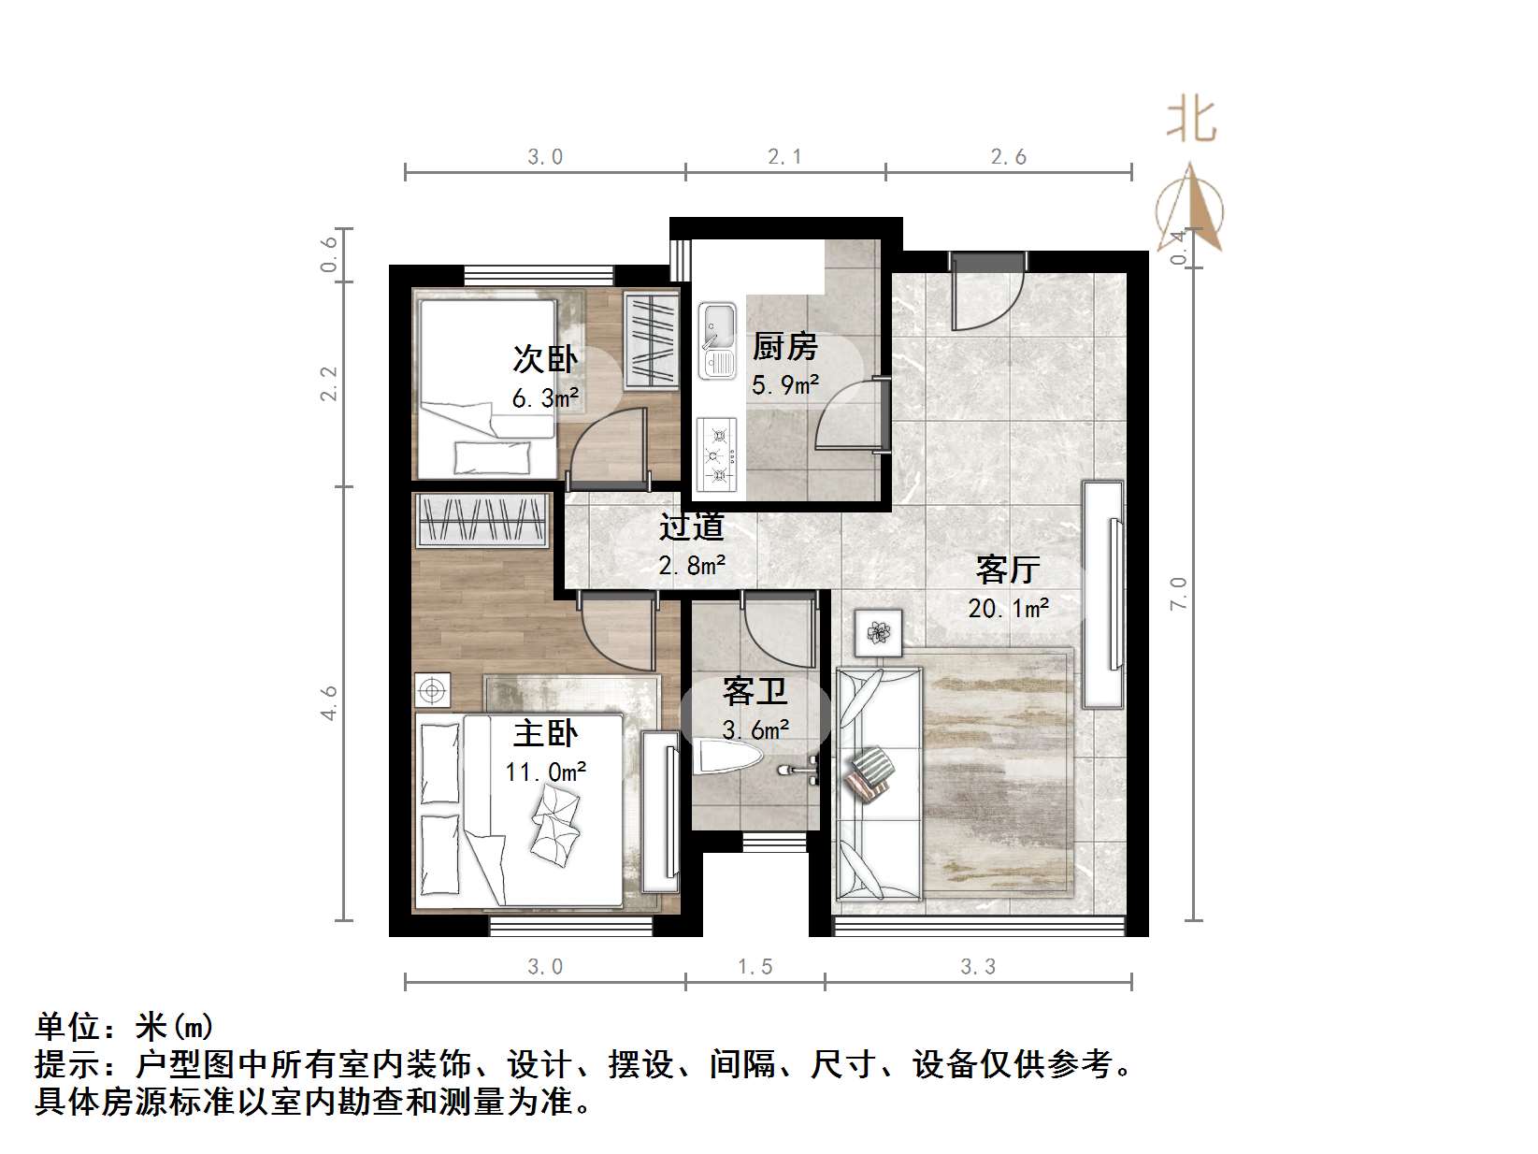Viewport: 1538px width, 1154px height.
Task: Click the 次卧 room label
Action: [x=545, y=359]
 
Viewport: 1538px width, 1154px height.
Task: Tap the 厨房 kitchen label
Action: [x=784, y=347]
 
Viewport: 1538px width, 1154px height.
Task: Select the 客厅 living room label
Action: [x=1008, y=569]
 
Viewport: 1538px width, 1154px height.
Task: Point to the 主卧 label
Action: [x=545, y=733]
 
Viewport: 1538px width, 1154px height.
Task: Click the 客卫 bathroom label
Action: [x=755, y=692]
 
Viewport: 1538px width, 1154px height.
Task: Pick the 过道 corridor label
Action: [x=692, y=527]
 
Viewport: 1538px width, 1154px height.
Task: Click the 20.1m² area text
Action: [x=1008, y=609]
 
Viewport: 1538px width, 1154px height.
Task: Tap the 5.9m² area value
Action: [x=785, y=384]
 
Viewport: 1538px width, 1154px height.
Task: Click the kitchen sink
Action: [x=718, y=339]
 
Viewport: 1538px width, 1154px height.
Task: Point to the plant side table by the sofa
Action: [x=878, y=633]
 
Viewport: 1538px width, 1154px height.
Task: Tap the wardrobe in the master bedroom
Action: [x=482, y=520]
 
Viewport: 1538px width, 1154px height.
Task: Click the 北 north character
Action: [x=1190, y=121]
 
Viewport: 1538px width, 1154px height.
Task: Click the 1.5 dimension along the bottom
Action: [x=755, y=966]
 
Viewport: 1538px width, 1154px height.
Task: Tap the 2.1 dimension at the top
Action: [x=784, y=157]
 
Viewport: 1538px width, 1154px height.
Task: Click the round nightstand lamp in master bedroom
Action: [x=432, y=690]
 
